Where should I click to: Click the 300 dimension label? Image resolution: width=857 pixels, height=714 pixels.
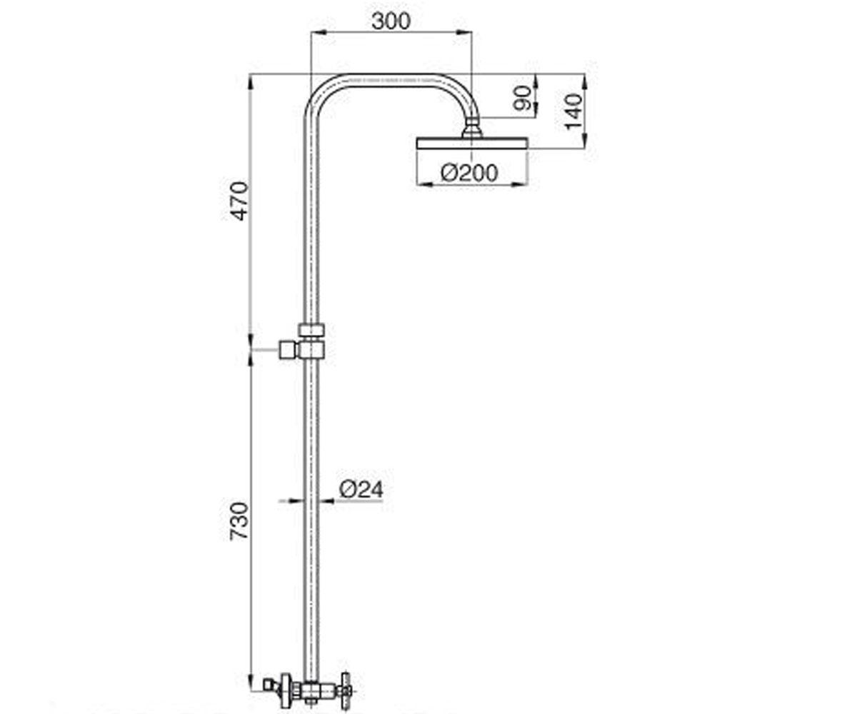(x=391, y=21)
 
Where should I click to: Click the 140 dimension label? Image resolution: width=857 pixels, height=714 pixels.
(x=573, y=111)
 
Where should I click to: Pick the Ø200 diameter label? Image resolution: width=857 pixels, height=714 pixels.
(x=469, y=173)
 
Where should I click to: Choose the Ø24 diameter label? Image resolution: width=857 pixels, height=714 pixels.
(x=361, y=490)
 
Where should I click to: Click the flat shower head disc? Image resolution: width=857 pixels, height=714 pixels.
(x=471, y=144)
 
